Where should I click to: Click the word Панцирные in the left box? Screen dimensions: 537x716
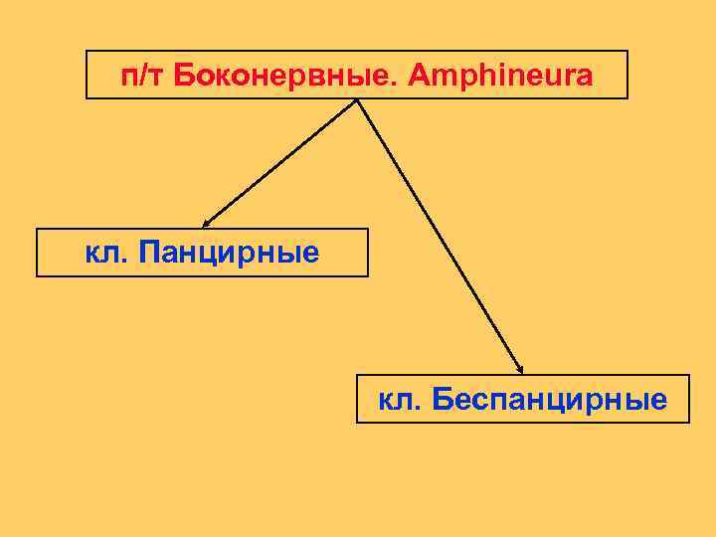pos(230,253)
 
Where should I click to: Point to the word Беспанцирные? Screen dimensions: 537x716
pos(550,399)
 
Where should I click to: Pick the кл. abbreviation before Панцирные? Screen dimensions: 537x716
pos(107,253)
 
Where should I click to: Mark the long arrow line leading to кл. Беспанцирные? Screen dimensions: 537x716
pos(438,234)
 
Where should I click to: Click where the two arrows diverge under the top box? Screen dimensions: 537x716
pos(357,100)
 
